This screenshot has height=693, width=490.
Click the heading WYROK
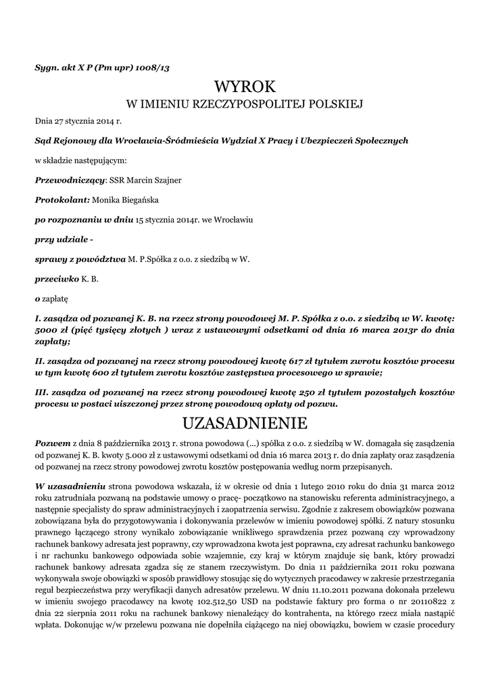pyautogui.click(x=245, y=87)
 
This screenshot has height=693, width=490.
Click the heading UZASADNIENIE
pyautogui.click(x=245, y=424)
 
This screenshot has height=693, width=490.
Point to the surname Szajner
pyautogui.click(x=166, y=180)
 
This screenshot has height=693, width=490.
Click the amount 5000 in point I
pyautogui.click(x=47, y=331)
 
